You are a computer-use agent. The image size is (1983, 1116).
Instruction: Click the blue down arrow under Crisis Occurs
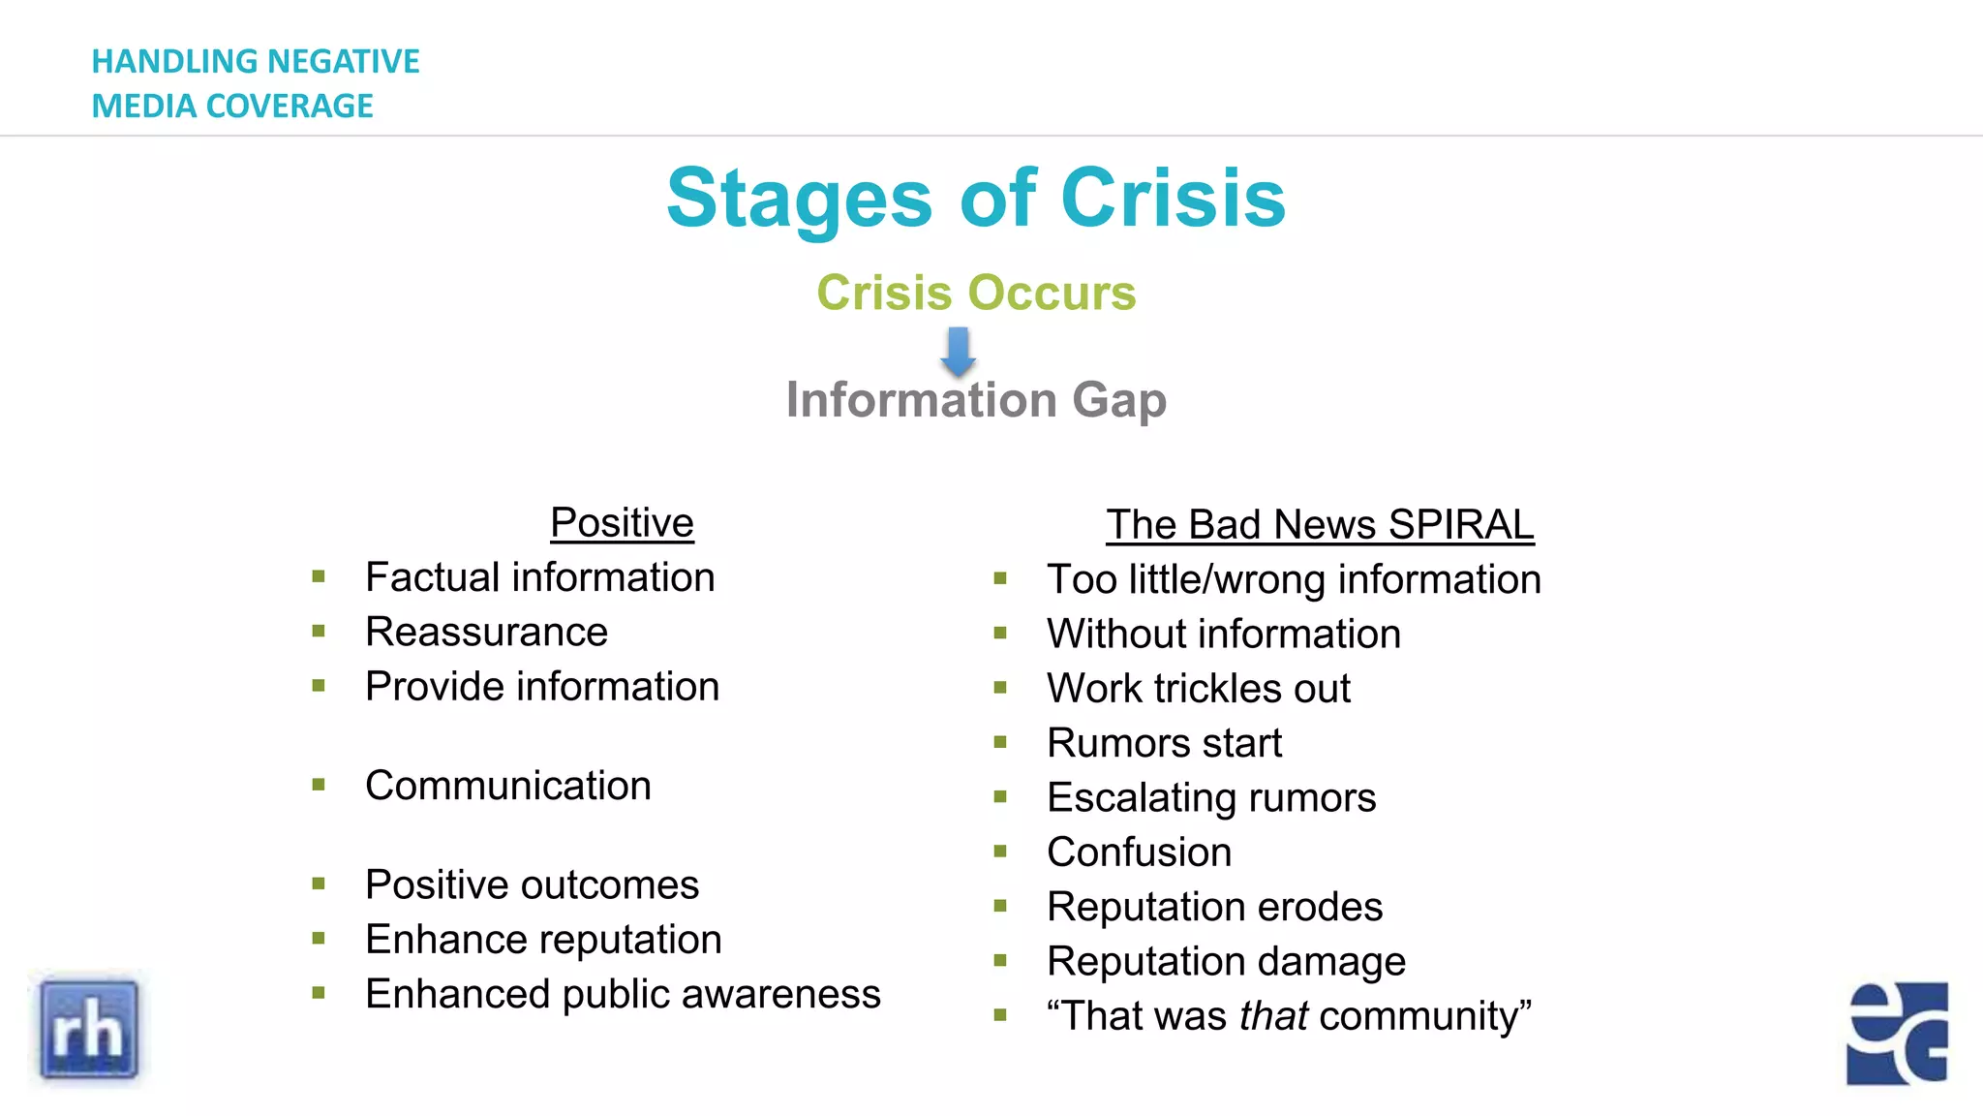[x=959, y=351]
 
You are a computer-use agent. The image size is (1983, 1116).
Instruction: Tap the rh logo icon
[x=89, y=1030]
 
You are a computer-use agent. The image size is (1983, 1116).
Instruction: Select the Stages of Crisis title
[x=976, y=199]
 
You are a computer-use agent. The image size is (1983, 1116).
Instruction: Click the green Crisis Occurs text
[x=976, y=293]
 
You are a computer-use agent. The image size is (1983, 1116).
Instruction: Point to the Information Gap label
[x=976, y=400]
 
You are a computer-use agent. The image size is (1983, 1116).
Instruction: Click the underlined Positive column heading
[x=622, y=523]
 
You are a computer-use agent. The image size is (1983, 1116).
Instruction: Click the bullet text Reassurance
[x=486, y=633]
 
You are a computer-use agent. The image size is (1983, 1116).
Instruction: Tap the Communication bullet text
[x=507, y=786]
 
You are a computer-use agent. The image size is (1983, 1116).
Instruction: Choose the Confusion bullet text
[x=1139, y=852]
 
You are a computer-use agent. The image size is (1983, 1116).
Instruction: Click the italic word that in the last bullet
[x=1273, y=1016]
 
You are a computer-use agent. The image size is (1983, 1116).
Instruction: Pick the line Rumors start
[x=1164, y=743]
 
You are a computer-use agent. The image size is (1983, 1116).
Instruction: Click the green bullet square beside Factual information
[x=319, y=577]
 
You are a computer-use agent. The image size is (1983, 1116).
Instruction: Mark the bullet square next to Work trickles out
[x=1000, y=688]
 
